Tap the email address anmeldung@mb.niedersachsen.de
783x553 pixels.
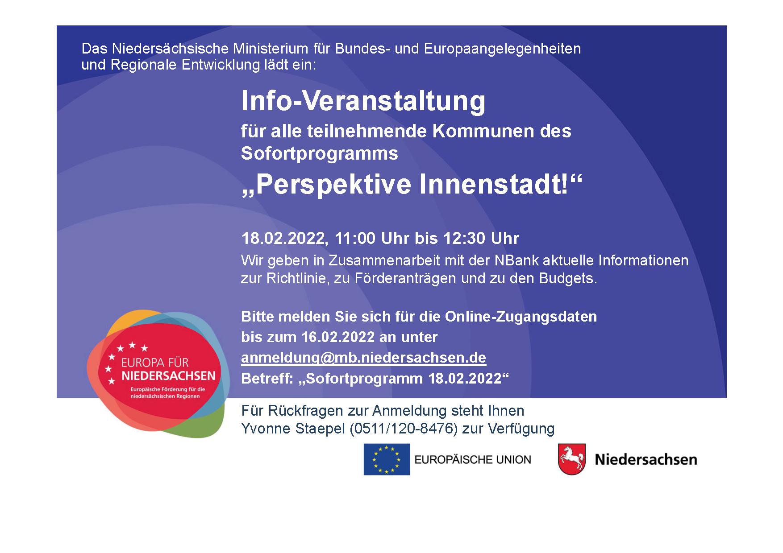click(363, 358)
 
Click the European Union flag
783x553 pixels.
click(387, 459)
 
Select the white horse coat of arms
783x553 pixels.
click(572, 459)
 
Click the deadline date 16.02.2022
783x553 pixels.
click(338, 337)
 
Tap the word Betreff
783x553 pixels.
click(265, 379)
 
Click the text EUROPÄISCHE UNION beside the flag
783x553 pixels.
click(473, 459)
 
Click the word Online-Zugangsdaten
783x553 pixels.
click(521, 317)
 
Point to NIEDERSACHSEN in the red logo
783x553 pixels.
click(168, 376)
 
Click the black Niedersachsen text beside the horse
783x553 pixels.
click(646, 460)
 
